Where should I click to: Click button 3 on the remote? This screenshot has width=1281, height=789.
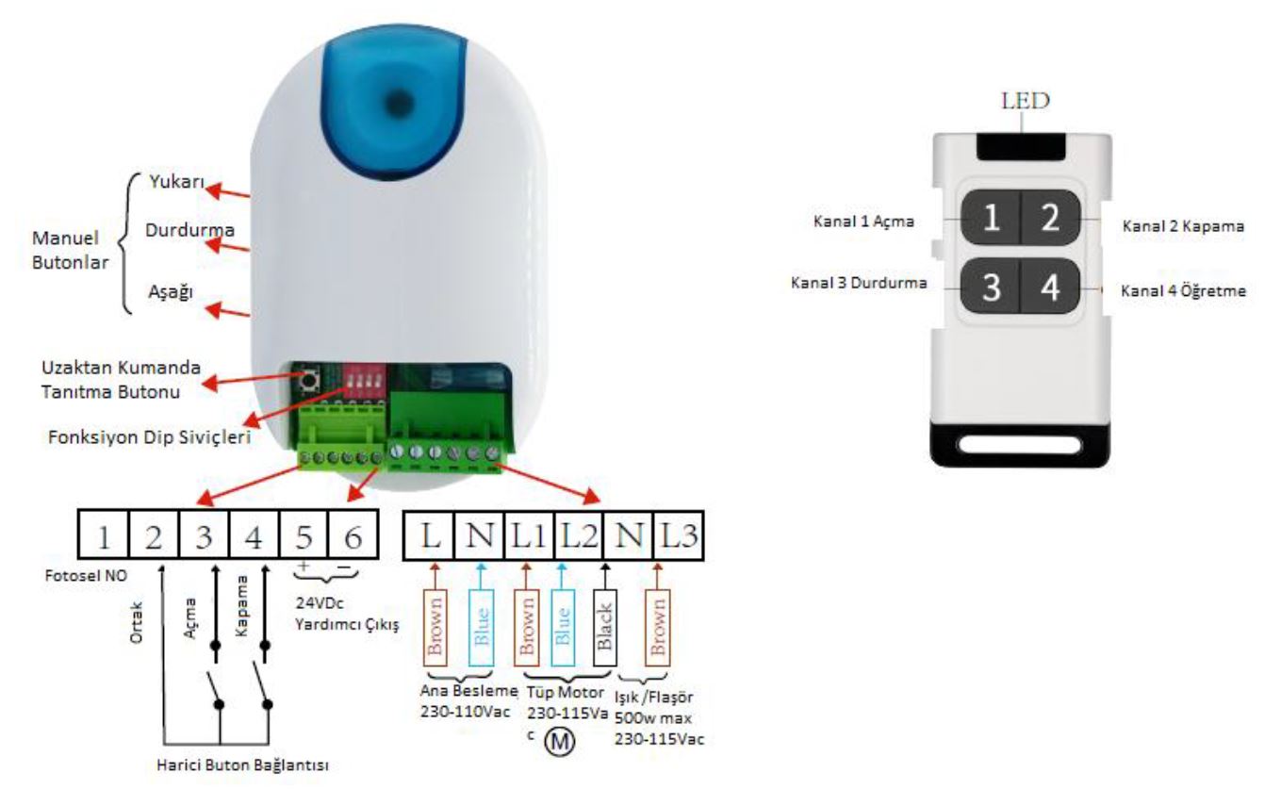click(x=991, y=287)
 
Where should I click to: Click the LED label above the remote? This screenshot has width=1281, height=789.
click(x=1026, y=101)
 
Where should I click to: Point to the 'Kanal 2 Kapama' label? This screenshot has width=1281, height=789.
click(x=1184, y=226)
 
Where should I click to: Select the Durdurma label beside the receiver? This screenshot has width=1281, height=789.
click(x=189, y=230)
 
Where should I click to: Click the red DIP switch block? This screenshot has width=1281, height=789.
click(x=359, y=381)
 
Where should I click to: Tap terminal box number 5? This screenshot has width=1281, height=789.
click(x=304, y=536)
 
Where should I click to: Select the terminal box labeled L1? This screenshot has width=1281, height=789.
click(x=528, y=536)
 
